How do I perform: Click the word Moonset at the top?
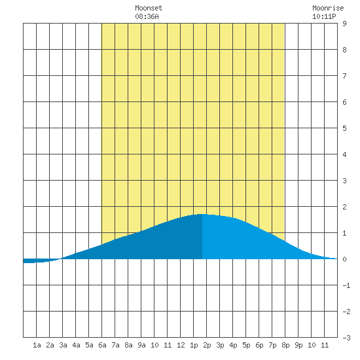[x=149, y=8]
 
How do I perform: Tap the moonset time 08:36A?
[x=147, y=16]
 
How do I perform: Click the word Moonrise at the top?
[x=328, y=8]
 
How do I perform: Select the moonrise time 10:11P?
[x=324, y=16]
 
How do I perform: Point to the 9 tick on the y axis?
[x=344, y=24]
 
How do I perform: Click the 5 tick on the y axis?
[x=344, y=128]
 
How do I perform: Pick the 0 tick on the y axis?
[x=344, y=259]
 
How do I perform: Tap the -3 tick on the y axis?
[x=347, y=338]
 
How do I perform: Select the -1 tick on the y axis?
[x=347, y=285]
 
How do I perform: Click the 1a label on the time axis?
[x=37, y=345]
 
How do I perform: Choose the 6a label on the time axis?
[x=102, y=345]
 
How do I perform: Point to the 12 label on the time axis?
[x=181, y=345]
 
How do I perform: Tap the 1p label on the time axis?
[x=194, y=345]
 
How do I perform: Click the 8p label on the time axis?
[x=285, y=345]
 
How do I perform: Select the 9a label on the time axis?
[x=141, y=345]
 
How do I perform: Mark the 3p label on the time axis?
[x=220, y=345]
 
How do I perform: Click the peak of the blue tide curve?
[x=202, y=214]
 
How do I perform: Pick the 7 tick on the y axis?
[x=344, y=76]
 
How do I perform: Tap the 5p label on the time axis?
[x=246, y=345]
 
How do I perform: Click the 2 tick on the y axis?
[x=344, y=207]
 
